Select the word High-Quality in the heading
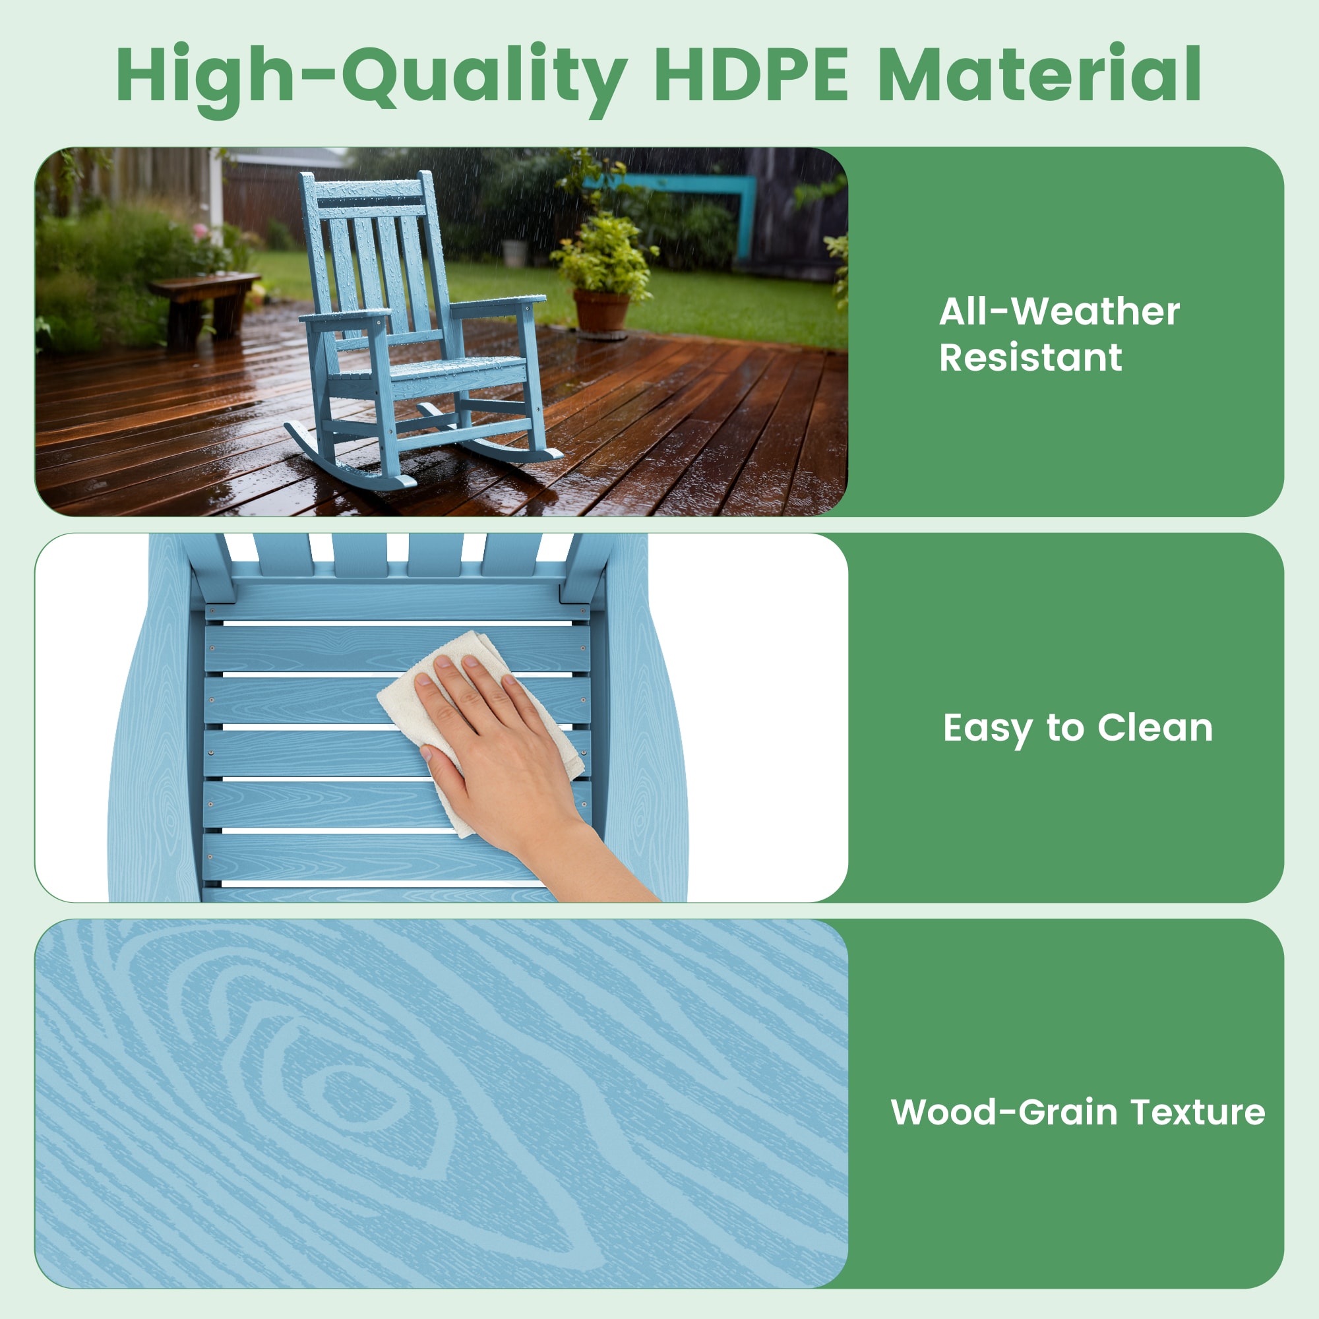pyautogui.click(x=371, y=79)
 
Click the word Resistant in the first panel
pyautogui.click(x=1030, y=357)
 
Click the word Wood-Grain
pyautogui.click(x=1004, y=1111)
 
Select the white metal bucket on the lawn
pyautogui.click(x=514, y=253)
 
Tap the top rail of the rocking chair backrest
pyautogui.click(x=369, y=189)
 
